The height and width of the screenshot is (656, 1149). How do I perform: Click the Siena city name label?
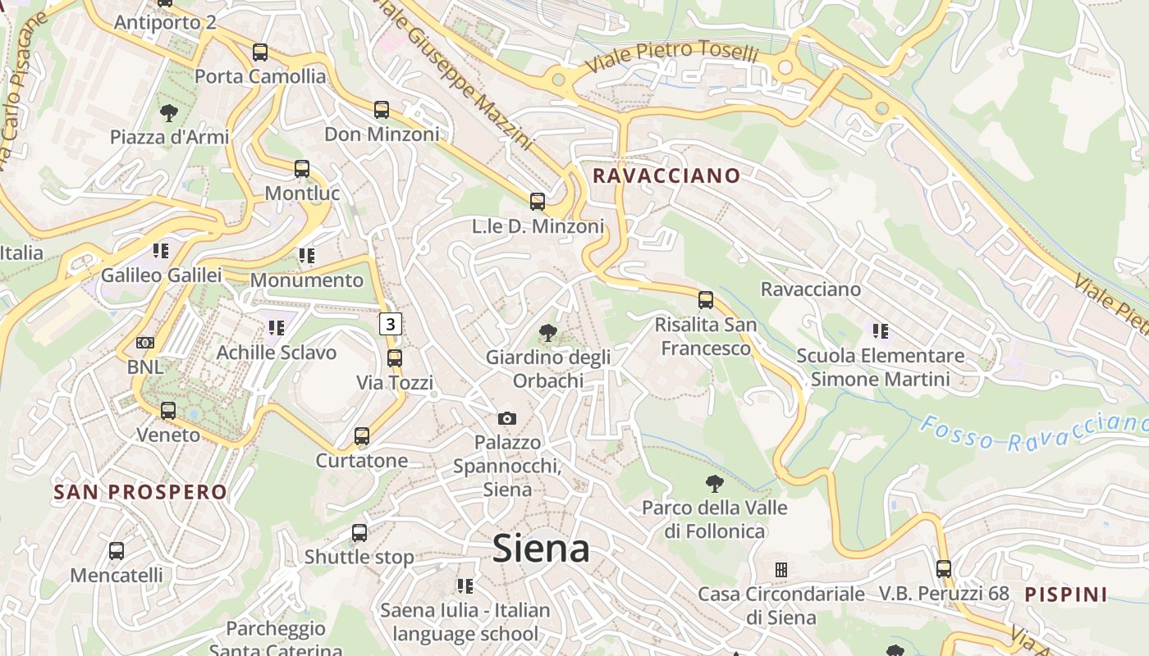point(541,549)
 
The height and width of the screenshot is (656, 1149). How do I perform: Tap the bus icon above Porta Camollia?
point(260,52)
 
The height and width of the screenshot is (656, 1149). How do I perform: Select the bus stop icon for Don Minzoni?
point(382,110)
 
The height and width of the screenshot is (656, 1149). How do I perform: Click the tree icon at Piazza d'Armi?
point(169,113)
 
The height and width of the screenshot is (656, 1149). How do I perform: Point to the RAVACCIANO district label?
point(666,175)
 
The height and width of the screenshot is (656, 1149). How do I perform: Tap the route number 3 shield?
point(391,324)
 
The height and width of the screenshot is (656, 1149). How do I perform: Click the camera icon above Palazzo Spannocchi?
point(507,419)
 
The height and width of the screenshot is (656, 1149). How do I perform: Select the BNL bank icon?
point(145,343)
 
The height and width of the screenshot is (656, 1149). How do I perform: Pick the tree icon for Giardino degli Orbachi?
point(547,333)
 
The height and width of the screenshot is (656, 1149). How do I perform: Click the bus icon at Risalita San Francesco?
point(706,300)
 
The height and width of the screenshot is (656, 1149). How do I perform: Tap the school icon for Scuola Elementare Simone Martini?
point(881,331)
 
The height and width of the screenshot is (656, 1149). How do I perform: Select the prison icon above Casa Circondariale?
point(781,569)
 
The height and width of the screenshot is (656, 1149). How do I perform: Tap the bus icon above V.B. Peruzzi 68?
point(944,568)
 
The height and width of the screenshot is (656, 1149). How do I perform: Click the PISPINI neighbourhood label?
point(1066,594)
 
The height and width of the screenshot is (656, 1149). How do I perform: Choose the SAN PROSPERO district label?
point(140,492)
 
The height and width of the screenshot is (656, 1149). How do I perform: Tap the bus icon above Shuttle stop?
point(359,533)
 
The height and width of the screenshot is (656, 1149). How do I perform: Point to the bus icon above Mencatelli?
point(117,551)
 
